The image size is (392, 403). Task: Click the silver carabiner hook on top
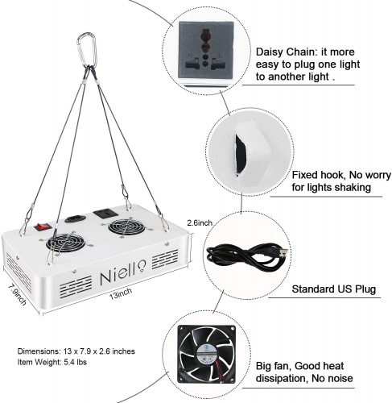tap(85, 50)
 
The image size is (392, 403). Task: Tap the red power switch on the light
tap(43, 226)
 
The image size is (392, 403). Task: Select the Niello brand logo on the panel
tap(123, 272)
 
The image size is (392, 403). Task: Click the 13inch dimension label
tap(121, 293)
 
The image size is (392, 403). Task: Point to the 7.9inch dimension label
tap(18, 295)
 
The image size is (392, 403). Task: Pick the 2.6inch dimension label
tap(200, 222)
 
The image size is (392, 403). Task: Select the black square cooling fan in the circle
tap(206, 354)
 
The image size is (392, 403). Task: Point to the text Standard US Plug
tap(333, 289)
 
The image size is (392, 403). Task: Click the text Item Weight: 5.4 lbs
tap(52, 362)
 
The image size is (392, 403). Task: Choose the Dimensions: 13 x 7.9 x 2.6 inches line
tap(76, 351)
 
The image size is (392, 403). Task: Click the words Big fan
tap(273, 366)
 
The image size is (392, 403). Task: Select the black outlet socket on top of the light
tap(105, 214)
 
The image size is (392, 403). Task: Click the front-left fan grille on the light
tap(66, 242)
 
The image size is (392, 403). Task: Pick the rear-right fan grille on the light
tap(126, 227)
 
